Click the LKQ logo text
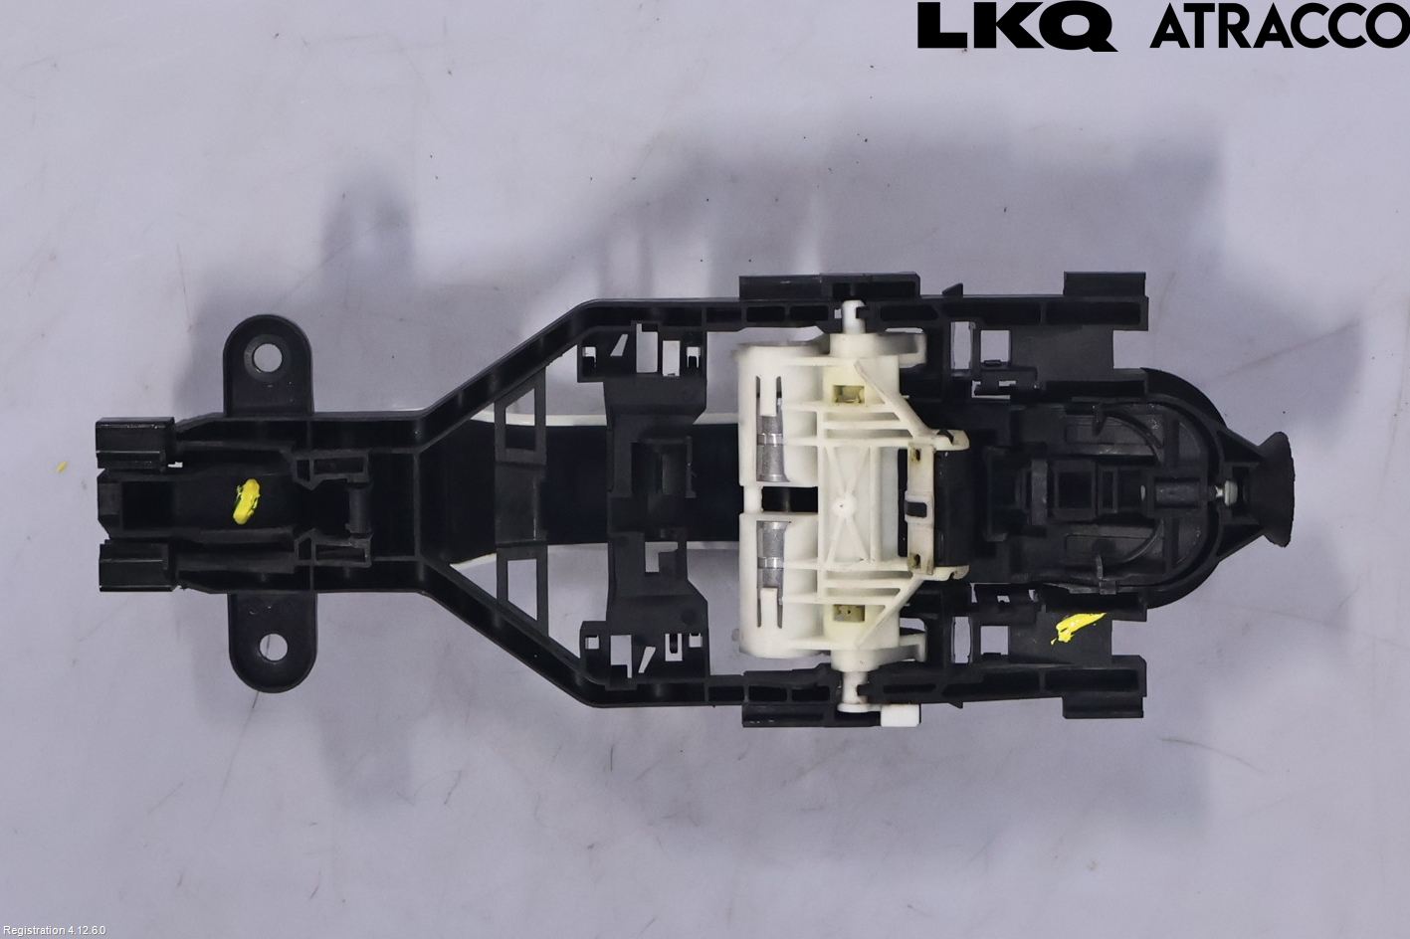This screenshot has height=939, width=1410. [1016, 27]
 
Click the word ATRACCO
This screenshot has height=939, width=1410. [1279, 27]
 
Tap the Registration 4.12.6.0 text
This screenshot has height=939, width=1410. [54, 930]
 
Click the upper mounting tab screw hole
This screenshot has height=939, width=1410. [267, 357]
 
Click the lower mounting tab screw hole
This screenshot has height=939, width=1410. [273, 648]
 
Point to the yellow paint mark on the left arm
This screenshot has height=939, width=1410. [246, 500]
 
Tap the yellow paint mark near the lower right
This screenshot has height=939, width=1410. [1078, 627]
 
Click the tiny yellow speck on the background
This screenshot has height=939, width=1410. [62, 468]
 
